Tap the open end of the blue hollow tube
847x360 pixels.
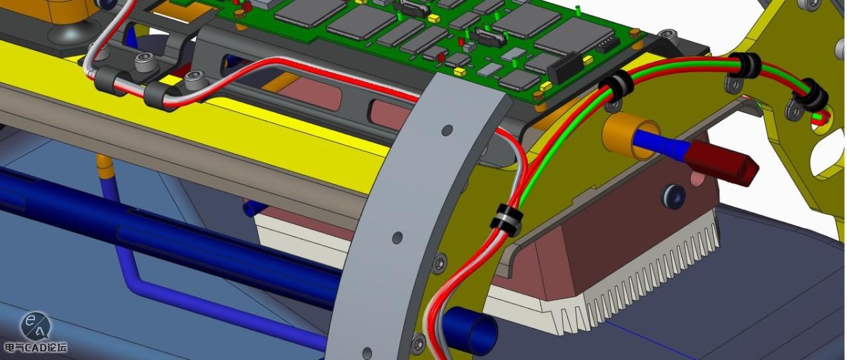click(482, 336)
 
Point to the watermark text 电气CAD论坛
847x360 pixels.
click(35, 347)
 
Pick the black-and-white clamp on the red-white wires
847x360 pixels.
click(506, 220)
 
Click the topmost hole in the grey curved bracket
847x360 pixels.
click(447, 130)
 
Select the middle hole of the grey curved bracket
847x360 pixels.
click(398, 238)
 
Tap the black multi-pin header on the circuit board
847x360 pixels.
click(563, 68)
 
